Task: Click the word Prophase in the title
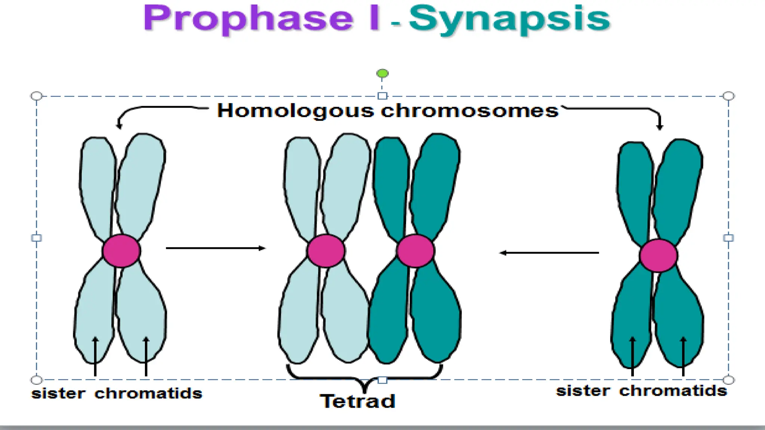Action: pyautogui.click(x=248, y=19)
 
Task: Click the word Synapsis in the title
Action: pyautogui.click(x=510, y=19)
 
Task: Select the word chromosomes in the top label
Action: pyautogui.click(x=470, y=111)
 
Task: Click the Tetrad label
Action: pyautogui.click(x=357, y=402)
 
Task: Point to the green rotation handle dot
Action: pyautogui.click(x=382, y=74)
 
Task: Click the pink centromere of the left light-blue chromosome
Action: pyautogui.click(x=121, y=251)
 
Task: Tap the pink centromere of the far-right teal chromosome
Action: pyautogui.click(x=658, y=256)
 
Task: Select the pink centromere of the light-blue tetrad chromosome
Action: pyautogui.click(x=326, y=251)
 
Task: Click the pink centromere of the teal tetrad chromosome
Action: pyautogui.click(x=415, y=251)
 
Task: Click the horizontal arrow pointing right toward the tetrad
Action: pyautogui.click(x=216, y=248)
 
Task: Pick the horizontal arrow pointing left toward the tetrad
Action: pyautogui.click(x=549, y=253)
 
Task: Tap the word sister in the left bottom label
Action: pyautogui.click(x=59, y=393)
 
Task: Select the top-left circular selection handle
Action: pyautogui.click(x=37, y=96)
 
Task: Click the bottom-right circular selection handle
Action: pyautogui.click(x=728, y=380)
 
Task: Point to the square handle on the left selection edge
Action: pyautogui.click(x=37, y=238)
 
